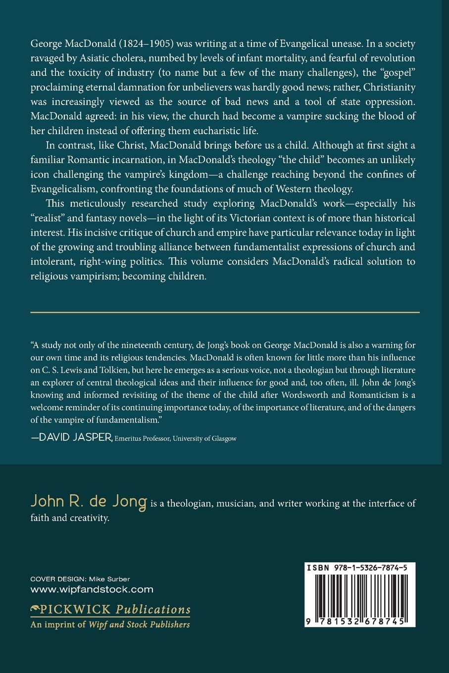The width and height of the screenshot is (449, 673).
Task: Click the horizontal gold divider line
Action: coord(225,312)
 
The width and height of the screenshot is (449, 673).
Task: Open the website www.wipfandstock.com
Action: coord(92,589)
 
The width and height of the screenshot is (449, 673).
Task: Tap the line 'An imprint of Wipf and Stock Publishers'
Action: coord(110,625)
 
